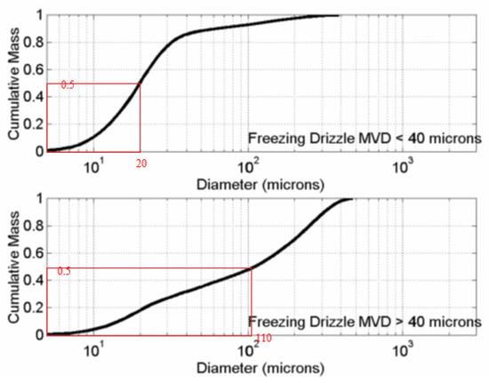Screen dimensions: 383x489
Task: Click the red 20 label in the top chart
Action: [141, 164]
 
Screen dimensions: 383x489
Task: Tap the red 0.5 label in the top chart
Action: [67, 85]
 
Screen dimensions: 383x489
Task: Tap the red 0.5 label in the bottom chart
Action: [64, 270]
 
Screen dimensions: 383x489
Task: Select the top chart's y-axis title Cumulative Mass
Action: [12, 82]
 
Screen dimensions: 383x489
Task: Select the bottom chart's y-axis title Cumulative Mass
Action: [12, 266]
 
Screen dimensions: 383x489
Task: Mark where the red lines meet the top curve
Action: [140, 84]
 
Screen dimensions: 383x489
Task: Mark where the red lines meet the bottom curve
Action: [252, 267]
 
